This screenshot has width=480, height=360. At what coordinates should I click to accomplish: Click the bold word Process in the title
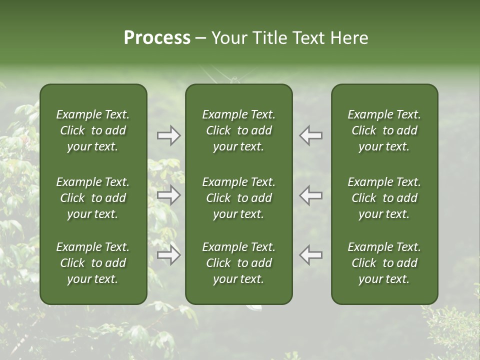tap(157, 38)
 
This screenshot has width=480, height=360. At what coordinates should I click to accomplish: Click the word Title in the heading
tap(267, 38)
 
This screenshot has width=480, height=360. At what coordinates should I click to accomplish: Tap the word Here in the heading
tap(349, 38)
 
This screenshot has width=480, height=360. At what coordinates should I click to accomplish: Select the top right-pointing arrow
tap(168, 135)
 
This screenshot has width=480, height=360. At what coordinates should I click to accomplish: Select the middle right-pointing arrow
tap(168, 195)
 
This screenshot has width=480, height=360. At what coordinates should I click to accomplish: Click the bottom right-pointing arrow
tap(168, 255)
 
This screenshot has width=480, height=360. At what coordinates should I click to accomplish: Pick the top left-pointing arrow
tap(311, 135)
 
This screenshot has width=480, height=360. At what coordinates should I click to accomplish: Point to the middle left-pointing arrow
tap(311, 195)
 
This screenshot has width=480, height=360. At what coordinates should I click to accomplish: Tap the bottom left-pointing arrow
tap(311, 255)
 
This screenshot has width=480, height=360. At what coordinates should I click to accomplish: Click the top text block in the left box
tap(93, 130)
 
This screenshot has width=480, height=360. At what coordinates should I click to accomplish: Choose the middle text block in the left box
tap(93, 198)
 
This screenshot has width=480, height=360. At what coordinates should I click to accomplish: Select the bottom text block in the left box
tap(93, 263)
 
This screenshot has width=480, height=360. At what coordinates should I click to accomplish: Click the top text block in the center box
tap(239, 130)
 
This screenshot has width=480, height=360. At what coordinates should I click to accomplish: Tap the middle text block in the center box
tap(239, 198)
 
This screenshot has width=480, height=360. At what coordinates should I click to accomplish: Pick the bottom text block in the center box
tap(239, 263)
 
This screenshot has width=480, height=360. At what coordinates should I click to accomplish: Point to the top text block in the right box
tap(384, 130)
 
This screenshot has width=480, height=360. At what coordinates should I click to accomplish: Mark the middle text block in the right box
tap(384, 198)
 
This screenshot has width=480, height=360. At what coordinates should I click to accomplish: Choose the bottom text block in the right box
tap(384, 263)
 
